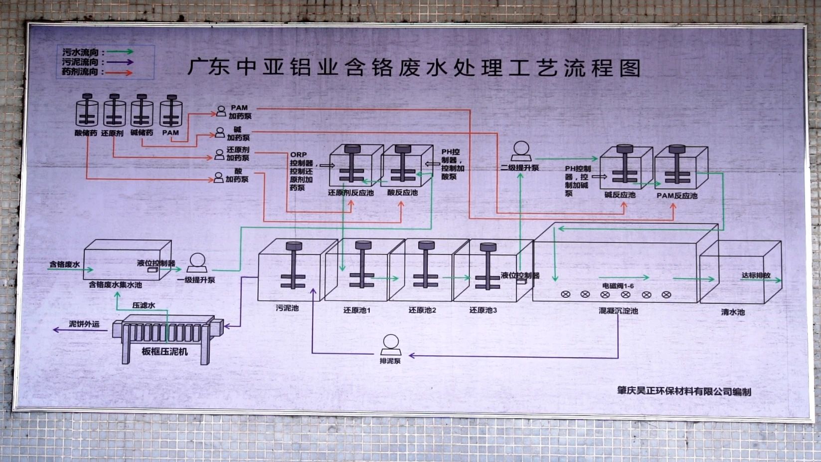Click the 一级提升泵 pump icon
pos(197,263)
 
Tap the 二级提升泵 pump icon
pos(521,151)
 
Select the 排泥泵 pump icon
pos(391,344)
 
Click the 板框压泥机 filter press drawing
pos(167,337)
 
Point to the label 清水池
pos(732,312)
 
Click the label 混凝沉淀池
pos(618,311)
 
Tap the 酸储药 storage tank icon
pos(87,111)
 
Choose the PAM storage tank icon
pos(170,111)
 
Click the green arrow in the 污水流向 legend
pos(120,51)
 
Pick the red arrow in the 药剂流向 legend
pos(120,72)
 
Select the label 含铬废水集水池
pos(115,285)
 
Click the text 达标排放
pos(756,275)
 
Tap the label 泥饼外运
pos(84,324)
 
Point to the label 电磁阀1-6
pos(618,286)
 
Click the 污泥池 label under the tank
pos(287,308)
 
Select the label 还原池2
pos(422,310)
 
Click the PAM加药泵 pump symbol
pos(221,111)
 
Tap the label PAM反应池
pos(676,196)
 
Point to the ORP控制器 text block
pos(302,171)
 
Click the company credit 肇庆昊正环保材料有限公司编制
pos(683,392)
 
